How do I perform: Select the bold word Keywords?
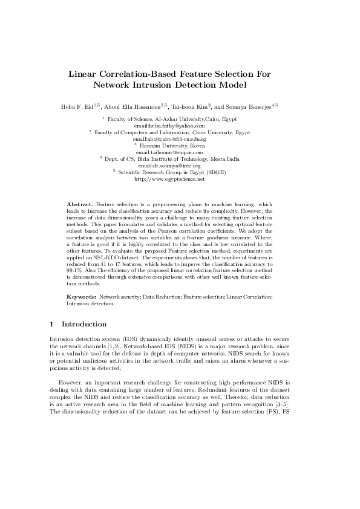[81, 297]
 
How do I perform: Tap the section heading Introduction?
[84, 324]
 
